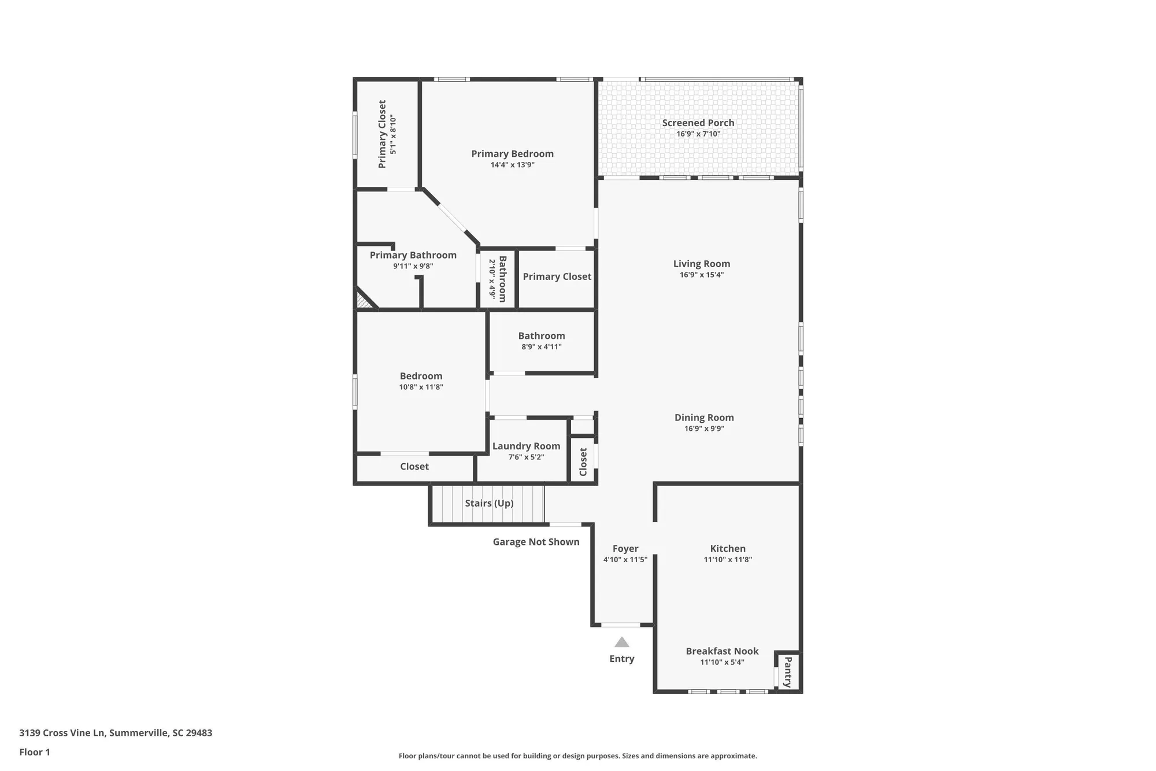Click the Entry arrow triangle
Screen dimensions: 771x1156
coord(621,642)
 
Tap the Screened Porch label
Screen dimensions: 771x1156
coord(698,123)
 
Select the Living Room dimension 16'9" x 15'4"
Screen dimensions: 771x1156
coord(702,275)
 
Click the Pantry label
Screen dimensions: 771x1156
coord(787,672)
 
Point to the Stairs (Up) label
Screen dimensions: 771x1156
coord(489,503)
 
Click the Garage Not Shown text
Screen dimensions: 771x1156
coord(536,542)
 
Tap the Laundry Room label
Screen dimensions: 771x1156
coord(526,446)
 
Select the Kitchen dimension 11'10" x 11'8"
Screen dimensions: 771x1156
coord(728,559)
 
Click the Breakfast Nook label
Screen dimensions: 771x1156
coord(722,651)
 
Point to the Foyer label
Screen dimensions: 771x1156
coord(625,548)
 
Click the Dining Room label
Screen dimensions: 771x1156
coord(704,418)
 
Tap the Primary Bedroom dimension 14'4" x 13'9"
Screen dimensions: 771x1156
coord(513,165)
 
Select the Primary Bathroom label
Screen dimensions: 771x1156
coord(413,255)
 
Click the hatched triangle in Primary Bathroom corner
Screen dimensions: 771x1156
coord(362,301)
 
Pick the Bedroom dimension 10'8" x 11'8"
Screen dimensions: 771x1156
coord(421,387)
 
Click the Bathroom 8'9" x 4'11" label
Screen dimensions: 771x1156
coord(542,336)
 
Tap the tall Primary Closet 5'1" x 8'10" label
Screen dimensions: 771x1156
coord(382,134)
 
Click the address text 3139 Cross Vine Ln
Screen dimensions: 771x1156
coord(116,733)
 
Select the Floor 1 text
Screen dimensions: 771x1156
coord(35,752)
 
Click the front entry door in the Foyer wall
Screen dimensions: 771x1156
coord(621,625)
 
